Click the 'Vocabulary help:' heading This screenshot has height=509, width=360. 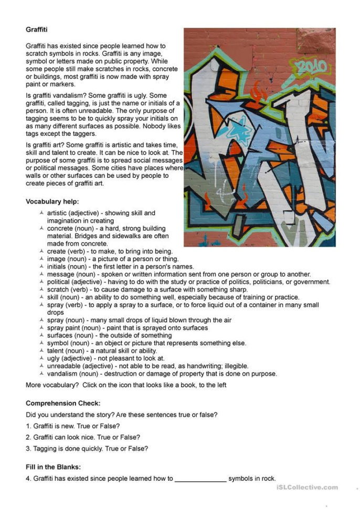(x=52, y=201)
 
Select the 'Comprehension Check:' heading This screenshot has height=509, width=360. (x=63, y=403)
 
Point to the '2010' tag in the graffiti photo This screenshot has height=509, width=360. (x=311, y=67)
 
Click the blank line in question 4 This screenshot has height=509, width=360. (x=200, y=479)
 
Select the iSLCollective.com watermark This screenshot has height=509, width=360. (x=306, y=487)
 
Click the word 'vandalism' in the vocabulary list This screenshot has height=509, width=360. (x=62, y=374)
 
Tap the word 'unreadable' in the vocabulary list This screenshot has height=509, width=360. (x=63, y=366)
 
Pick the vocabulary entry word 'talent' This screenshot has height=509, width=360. (x=56, y=351)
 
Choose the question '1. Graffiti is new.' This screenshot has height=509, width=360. (x=72, y=426)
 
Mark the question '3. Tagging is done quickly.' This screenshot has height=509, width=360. (x=87, y=448)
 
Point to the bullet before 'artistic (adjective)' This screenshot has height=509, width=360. (x=41, y=214)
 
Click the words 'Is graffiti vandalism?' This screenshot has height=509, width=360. (x=59, y=96)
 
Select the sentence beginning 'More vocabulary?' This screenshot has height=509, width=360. (x=126, y=385)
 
